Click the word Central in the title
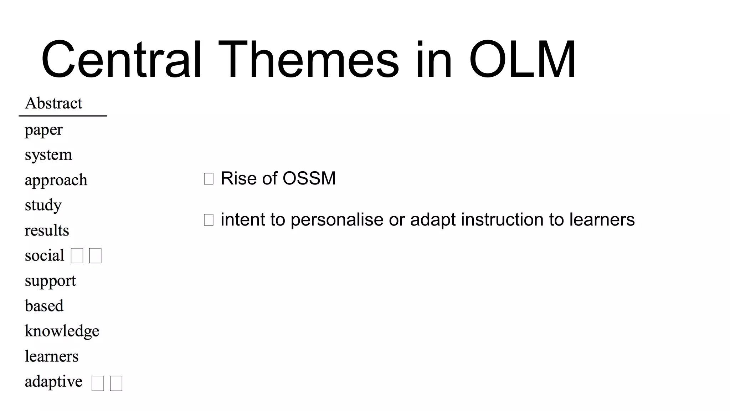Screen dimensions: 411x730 coord(122,60)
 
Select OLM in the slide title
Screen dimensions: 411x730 coord(522,60)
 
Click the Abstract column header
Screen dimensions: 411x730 coord(53,103)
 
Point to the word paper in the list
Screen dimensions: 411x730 coord(43,130)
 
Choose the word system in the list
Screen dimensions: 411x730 coord(48,155)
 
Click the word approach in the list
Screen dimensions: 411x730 coord(56,180)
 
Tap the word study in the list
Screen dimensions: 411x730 coord(43,205)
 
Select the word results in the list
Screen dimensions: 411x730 coord(47,230)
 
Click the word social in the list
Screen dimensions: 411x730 coord(44,255)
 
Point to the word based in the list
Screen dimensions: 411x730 coord(44,306)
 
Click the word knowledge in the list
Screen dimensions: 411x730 coord(62,331)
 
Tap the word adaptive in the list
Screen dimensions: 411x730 coord(53,382)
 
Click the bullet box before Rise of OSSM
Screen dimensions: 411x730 coord(209,179)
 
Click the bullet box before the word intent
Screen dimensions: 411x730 coord(209,220)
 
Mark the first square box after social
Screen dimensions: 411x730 coord(77,256)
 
